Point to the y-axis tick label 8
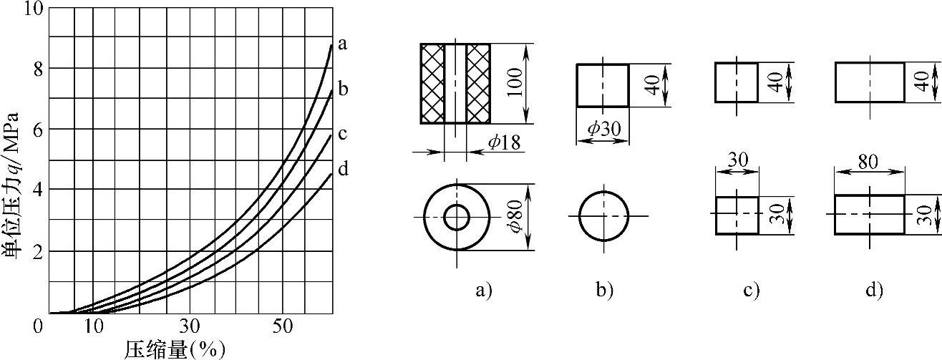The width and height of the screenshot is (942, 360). (36, 69)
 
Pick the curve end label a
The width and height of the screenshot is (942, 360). (343, 44)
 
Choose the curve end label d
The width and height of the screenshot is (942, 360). (343, 169)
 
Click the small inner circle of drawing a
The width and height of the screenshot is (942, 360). (456, 218)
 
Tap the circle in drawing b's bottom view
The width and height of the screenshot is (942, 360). (604, 217)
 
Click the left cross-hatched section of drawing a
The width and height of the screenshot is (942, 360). (432, 84)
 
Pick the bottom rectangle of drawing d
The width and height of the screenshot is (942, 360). (869, 214)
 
